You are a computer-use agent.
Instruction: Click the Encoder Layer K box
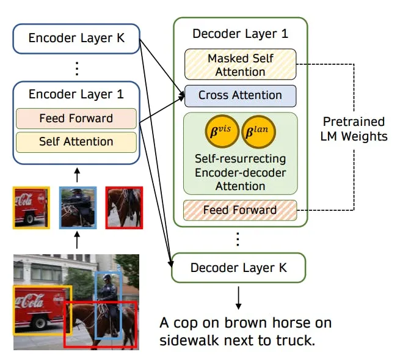click(76, 39)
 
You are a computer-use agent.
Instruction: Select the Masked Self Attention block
click(241, 64)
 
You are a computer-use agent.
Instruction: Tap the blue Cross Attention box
click(241, 96)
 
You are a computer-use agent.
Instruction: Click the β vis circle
click(222, 131)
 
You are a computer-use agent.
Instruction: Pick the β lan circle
click(258, 132)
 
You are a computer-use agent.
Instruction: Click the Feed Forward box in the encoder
click(76, 119)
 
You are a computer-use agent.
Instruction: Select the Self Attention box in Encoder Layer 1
click(76, 142)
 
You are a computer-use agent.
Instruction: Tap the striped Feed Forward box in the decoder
click(240, 210)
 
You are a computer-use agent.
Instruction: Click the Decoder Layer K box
click(239, 268)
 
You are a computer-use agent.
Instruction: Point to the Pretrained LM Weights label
click(354, 129)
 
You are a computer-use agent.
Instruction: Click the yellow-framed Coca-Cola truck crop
click(31, 208)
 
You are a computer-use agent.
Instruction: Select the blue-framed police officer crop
click(78, 208)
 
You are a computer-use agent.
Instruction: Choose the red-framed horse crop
click(124, 208)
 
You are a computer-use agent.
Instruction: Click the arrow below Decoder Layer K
click(239, 298)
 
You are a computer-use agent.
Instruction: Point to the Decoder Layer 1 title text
click(241, 34)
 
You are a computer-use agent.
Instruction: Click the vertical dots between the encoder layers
click(77, 68)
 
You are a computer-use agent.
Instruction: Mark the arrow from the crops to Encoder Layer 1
click(77, 175)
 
